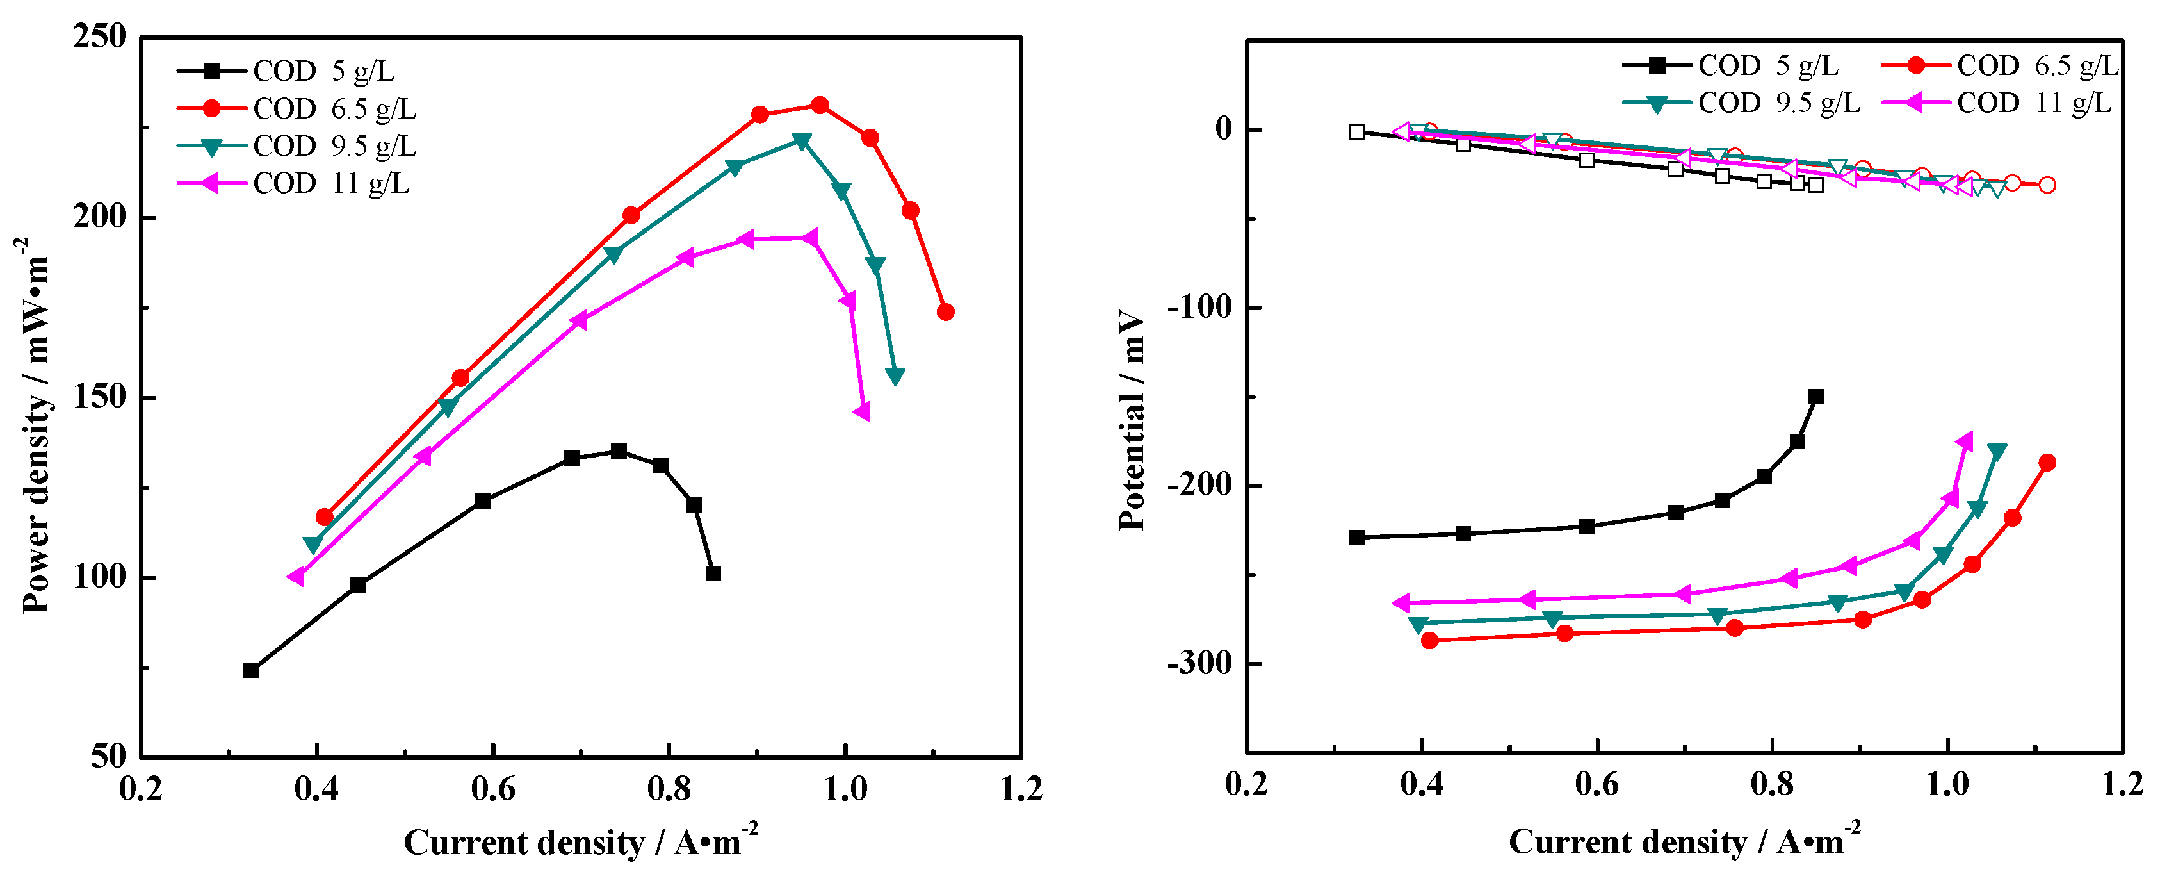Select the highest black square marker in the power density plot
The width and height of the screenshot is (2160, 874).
pos(619,450)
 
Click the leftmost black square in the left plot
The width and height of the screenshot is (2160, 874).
pos(251,670)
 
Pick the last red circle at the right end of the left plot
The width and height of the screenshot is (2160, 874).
pos(945,312)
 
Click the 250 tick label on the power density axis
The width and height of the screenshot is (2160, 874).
pos(99,37)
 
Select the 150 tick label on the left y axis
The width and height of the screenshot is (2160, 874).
pos(99,397)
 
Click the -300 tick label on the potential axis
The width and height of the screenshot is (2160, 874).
pos(1200,663)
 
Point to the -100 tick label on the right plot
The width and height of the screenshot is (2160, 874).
pos(1200,308)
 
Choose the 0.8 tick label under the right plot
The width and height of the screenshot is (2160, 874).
pos(1772,785)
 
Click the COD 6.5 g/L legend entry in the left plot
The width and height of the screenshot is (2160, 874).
pos(334,109)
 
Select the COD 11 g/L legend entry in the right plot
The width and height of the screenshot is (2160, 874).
pos(2033,103)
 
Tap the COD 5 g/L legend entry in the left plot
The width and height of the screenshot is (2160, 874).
pos(323,71)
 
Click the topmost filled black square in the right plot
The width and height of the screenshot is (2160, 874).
pos(1816,397)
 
